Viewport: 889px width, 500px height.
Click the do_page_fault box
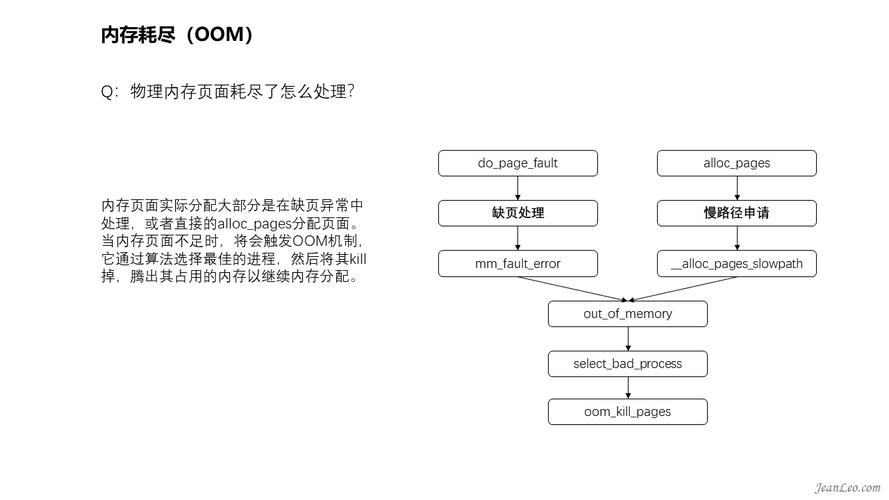(x=518, y=163)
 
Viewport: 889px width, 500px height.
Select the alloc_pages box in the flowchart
(x=736, y=163)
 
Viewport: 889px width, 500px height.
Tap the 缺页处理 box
(x=518, y=213)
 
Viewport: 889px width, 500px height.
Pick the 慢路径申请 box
(x=736, y=213)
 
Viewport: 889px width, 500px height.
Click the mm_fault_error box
(x=518, y=264)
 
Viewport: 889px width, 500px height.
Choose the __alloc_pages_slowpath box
(x=736, y=264)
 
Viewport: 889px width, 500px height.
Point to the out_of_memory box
(x=628, y=313)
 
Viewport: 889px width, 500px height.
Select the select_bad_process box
(x=628, y=363)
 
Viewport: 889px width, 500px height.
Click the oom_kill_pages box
(x=628, y=412)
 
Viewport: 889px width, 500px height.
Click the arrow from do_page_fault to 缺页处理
(x=518, y=188)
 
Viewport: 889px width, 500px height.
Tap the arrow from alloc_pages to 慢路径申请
(x=737, y=188)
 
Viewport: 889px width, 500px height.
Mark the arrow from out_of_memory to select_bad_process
(x=628, y=339)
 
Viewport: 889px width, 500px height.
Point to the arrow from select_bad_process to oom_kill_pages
(x=628, y=388)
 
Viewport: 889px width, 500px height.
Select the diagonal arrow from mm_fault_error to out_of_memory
(x=573, y=289)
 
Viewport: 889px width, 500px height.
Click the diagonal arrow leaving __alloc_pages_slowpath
(x=683, y=289)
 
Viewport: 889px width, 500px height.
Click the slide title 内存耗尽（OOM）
(x=177, y=35)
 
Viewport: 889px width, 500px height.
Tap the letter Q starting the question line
(x=107, y=92)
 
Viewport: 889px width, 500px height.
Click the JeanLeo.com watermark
(x=848, y=488)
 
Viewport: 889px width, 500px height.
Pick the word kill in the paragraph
(x=358, y=259)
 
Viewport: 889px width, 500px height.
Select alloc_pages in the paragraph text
(x=255, y=224)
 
